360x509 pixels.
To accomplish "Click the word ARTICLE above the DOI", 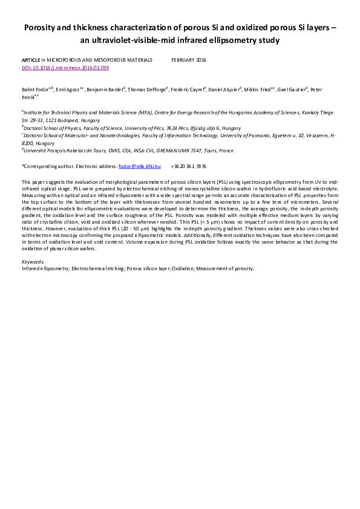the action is pyautogui.click(x=31, y=61).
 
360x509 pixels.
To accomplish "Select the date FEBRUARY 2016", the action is pyautogui.click(x=188, y=61).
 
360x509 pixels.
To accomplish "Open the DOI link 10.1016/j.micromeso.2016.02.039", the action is pyautogui.click(x=65, y=68).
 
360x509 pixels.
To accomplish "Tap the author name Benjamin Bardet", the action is pyautogui.click(x=106, y=88).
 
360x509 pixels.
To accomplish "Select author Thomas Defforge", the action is pyautogui.click(x=149, y=88).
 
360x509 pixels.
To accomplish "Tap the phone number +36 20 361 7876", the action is pyautogui.click(x=189, y=166).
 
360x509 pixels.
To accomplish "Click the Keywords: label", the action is pyautogui.click(x=33, y=262).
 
